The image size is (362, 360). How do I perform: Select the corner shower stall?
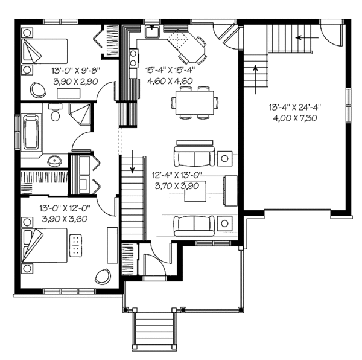[x=80, y=114]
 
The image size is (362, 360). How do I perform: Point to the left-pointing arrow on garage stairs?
[x=305, y=37]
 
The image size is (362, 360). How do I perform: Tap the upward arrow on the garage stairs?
[x=256, y=74]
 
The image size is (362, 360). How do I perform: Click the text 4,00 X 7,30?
[x=294, y=118]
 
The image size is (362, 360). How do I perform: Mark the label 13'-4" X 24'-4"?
[x=294, y=108]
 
